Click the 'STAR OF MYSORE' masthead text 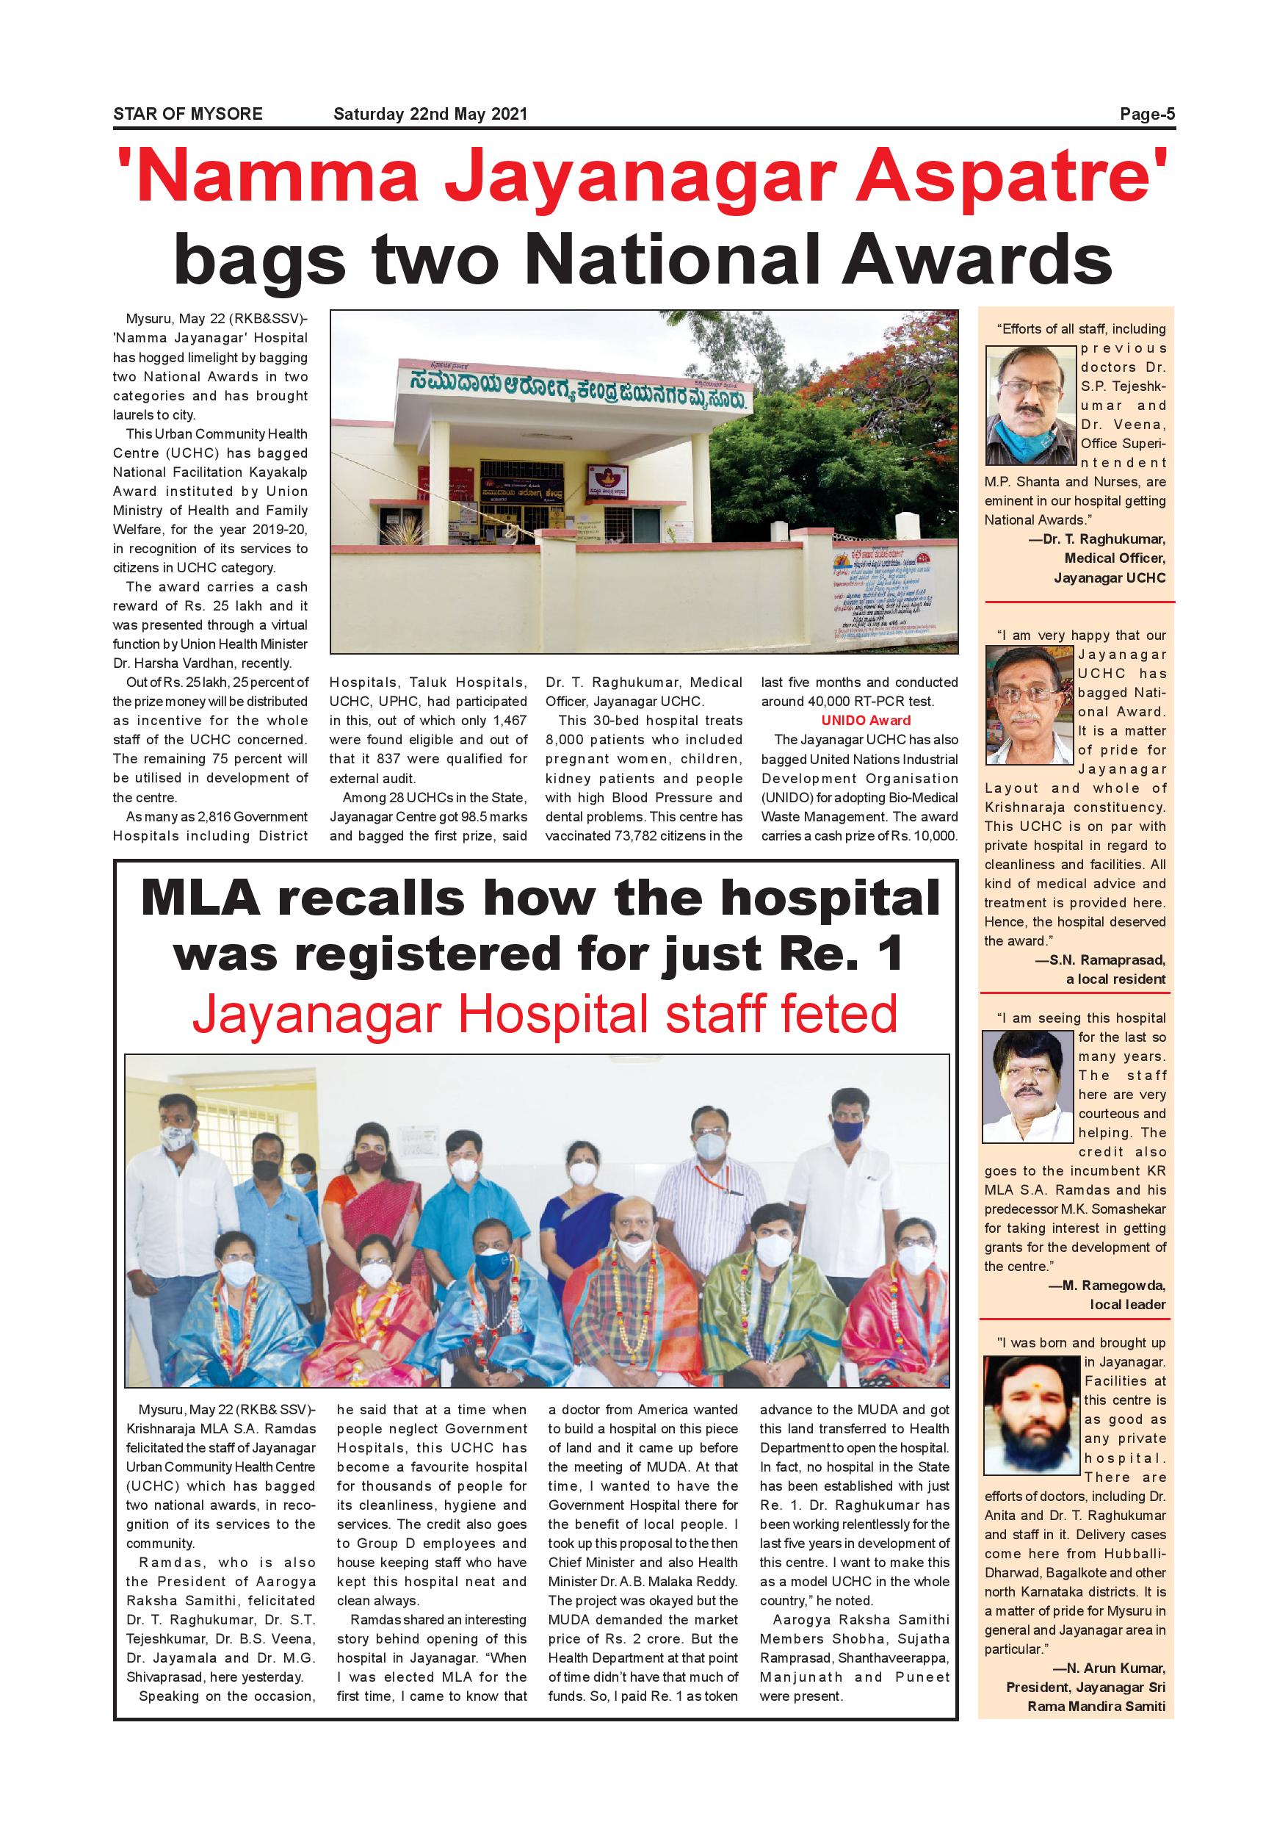(x=187, y=115)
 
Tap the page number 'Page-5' (x=1147, y=115)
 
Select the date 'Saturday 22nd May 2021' (x=430, y=115)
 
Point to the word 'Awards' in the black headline (x=974, y=259)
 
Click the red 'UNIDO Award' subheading (x=866, y=721)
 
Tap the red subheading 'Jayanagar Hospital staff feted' (x=544, y=1015)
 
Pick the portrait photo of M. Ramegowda (x=1028, y=1087)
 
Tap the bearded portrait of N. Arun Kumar (x=1032, y=1415)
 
